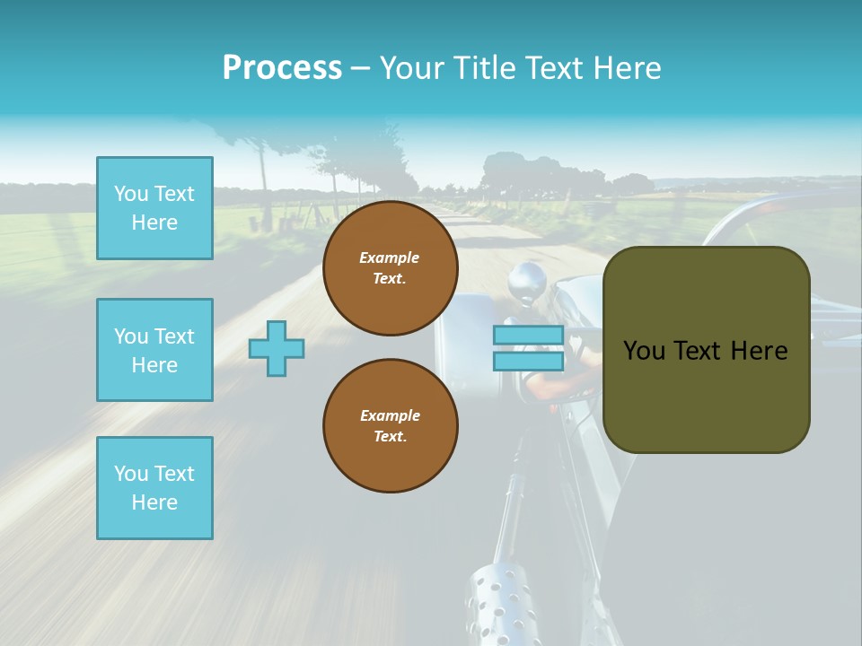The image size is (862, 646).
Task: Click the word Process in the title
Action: pos(282,68)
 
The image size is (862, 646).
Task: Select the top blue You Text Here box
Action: pos(154,208)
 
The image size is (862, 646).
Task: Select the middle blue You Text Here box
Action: pos(154,350)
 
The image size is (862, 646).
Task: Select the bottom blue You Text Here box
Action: pos(154,488)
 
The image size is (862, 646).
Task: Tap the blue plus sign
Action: pos(277,348)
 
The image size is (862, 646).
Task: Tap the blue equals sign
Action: pos(528,348)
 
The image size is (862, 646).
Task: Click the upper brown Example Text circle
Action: pos(390,268)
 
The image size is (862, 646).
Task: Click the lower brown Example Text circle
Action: pos(390,426)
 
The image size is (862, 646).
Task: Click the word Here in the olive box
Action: pos(759,351)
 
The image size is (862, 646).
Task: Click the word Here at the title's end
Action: pos(628,68)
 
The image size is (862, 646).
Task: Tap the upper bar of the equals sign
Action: pos(528,336)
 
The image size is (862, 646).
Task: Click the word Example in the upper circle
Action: pos(390,258)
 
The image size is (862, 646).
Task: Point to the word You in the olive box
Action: pos(644,351)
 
